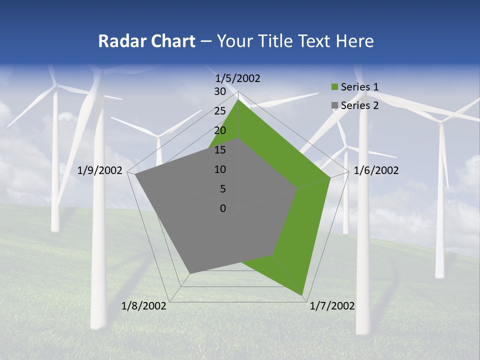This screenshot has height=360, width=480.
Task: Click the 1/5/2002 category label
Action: coord(238,78)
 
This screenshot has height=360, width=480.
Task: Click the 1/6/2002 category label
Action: coord(376,170)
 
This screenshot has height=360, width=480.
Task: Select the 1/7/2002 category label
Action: coord(332,306)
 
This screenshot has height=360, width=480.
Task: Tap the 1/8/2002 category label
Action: coord(144,306)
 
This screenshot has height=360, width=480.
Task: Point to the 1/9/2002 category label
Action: coord(100,170)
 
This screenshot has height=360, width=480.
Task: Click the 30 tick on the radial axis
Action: coord(220,92)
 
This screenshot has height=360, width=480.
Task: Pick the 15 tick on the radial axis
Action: coord(220,150)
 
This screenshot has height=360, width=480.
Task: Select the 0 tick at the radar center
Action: coord(223,208)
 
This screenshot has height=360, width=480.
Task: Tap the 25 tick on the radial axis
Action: coord(220,111)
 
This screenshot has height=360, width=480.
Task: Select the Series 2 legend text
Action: coord(359,105)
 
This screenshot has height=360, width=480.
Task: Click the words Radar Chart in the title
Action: coord(146,41)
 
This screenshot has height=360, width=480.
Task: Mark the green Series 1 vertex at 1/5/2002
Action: coord(238,100)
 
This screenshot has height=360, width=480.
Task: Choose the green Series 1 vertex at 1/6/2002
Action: coord(330,177)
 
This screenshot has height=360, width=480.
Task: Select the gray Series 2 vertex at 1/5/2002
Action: coord(238,139)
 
